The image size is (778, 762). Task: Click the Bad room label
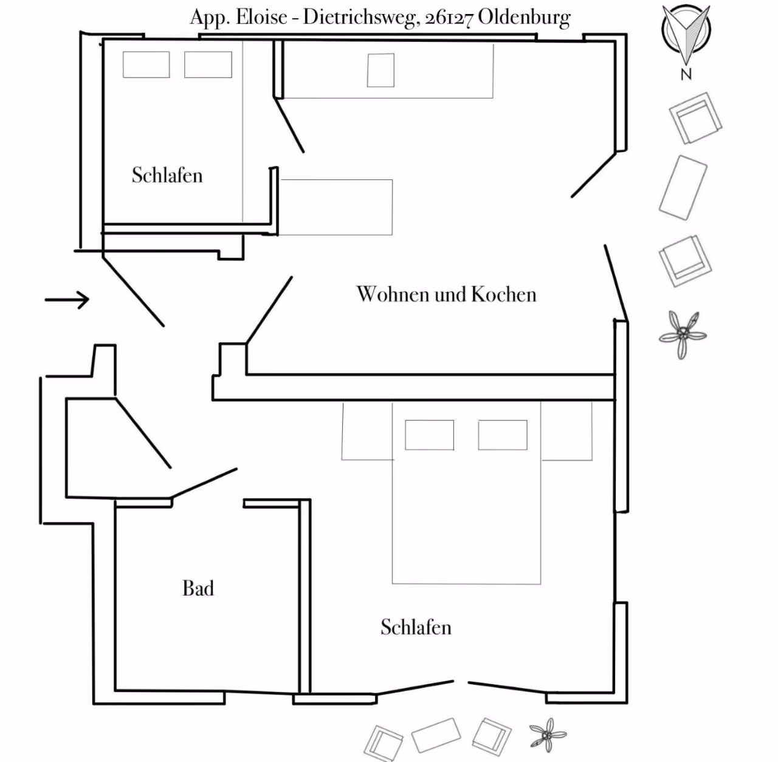(x=198, y=588)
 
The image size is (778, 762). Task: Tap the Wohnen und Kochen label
(x=446, y=294)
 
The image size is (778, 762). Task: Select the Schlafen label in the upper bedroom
(x=167, y=175)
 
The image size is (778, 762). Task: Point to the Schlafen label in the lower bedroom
(x=416, y=627)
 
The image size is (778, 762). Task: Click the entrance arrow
(x=67, y=300)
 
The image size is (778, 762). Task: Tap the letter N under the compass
(x=686, y=74)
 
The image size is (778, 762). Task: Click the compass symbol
(x=686, y=33)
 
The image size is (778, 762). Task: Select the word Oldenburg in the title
(x=524, y=18)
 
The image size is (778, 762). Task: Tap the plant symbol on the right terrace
(x=683, y=335)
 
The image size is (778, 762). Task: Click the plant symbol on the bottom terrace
(x=548, y=735)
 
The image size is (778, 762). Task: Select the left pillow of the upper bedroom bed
(x=146, y=64)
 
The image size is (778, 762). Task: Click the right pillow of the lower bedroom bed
(x=503, y=435)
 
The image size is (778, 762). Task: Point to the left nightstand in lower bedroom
(x=367, y=431)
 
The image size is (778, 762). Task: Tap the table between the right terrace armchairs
(x=683, y=188)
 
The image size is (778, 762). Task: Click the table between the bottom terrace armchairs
(x=436, y=735)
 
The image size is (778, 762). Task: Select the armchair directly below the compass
(x=695, y=118)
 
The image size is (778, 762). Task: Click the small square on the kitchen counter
(x=380, y=70)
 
